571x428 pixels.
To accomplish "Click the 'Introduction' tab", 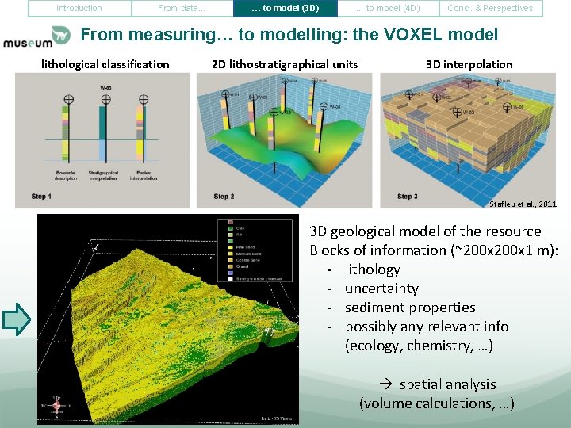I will click(x=79, y=9).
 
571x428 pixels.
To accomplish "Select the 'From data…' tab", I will click(x=182, y=9).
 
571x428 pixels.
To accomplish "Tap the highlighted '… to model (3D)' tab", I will click(x=285, y=9).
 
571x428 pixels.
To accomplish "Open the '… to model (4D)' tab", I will click(x=387, y=9).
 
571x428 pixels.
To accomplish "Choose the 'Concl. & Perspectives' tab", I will click(x=490, y=9).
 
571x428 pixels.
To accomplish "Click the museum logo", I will click(x=36, y=37).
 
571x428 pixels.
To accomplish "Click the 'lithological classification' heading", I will click(x=105, y=64).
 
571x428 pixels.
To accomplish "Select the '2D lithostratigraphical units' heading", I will click(x=285, y=64).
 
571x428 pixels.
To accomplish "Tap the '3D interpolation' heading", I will click(x=469, y=64).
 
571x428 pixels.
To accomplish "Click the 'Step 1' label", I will click(x=41, y=197).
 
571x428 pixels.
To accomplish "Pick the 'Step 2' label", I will click(x=224, y=197).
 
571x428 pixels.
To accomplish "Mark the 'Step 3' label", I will click(x=407, y=197).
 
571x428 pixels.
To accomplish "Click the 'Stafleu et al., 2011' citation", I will click(x=523, y=204).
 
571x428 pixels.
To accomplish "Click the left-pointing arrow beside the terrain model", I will click(x=17, y=319).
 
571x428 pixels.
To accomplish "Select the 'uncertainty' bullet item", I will click(x=381, y=289).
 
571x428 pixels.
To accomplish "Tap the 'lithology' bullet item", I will click(x=373, y=269).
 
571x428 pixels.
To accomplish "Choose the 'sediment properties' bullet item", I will click(x=410, y=308).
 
